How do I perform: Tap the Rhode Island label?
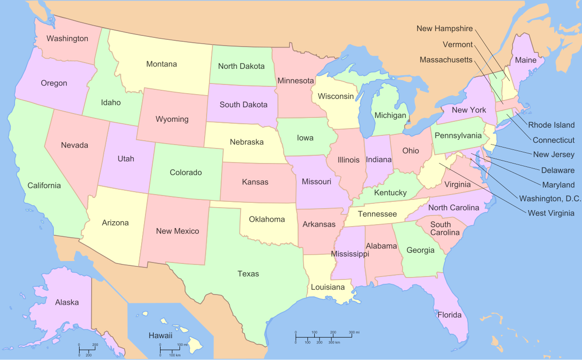[x=551, y=125]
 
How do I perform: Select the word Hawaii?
[x=161, y=335]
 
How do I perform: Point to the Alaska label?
[x=67, y=302]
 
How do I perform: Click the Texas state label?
[x=248, y=274]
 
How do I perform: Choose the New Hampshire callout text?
[x=444, y=29]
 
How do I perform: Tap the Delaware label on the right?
[x=558, y=170]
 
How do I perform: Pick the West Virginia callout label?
[x=551, y=213]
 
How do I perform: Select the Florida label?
[x=450, y=315]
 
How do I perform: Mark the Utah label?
[x=126, y=159]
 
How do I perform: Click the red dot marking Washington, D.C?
[x=470, y=159]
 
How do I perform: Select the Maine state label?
[x=526, y=60]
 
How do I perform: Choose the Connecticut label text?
[x=553, y=140]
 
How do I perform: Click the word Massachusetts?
[x=446, y=60]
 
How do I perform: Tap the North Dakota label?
[x=241, y=66]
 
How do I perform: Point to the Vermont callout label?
[x=457, y=45]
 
